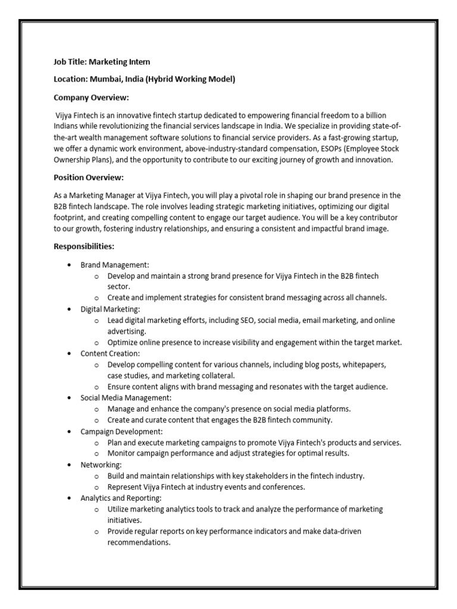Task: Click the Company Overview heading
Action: [91, 97]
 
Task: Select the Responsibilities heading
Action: [84, 246]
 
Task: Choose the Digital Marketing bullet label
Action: [110, 309]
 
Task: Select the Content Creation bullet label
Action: [110, 353]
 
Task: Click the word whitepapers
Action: [364, 365]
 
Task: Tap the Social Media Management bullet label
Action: [126, 397]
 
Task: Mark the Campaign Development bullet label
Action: [121, 431]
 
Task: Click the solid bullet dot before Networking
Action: [70, 464]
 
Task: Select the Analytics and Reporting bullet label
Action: [121, 498]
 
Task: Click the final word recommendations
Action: [139, 542]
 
